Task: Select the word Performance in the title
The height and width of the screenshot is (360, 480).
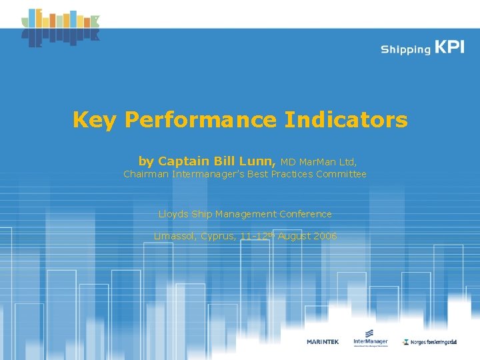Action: tap(200, 121)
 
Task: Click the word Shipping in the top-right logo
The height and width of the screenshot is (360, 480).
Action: tap(405, 49)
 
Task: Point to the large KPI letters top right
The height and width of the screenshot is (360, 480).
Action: tap(449, 47)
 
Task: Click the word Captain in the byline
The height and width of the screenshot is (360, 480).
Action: tap(184, 161)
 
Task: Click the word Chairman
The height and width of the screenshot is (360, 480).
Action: tap(146, 175)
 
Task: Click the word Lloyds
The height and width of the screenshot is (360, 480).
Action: tap(172, 214)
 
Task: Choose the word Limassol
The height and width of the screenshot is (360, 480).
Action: tap(174, 237)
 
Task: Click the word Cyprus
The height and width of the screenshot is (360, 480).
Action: tap(218, 237)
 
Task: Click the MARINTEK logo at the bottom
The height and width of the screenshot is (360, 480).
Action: tap(323, 342)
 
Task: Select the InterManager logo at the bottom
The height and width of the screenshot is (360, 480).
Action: tap(370, 339)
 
